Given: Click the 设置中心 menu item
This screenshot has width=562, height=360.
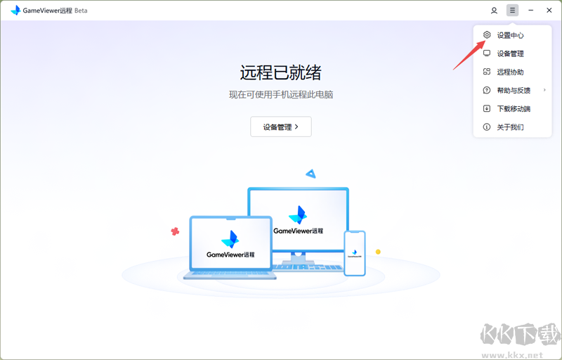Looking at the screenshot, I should coord(510,35).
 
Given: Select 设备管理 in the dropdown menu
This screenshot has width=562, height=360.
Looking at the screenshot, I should coord(510,53).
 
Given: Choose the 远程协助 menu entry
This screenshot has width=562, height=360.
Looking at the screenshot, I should coord(510,72).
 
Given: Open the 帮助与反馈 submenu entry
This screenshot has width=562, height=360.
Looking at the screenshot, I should coord(514,90).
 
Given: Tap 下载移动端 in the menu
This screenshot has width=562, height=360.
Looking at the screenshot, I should coord(514,108).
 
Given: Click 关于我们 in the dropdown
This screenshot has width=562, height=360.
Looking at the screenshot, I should coord(510,127).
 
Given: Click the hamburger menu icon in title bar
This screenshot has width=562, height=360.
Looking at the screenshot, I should coord(513,11).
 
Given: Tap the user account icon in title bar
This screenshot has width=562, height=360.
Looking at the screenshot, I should coord(495,11).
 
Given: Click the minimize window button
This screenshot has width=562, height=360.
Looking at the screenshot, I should coord(531,11).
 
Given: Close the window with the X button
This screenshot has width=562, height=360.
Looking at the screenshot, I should coord(549,11).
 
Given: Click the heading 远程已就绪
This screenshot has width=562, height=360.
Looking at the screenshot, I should coord(280,72).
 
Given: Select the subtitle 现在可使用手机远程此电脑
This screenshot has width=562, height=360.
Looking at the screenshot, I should coord(280,94).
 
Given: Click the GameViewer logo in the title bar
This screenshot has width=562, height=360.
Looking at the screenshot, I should coord(15,11).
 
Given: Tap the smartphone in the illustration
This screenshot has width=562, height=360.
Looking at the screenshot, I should coord(354,253).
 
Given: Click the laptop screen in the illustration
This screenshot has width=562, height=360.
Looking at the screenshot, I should coord(230,244).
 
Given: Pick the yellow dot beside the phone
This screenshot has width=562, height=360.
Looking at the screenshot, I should coord(378,252).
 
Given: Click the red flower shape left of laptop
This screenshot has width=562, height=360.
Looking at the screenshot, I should coord(175,231).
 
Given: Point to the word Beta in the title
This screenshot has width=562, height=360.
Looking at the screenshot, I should coord(81,11).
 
